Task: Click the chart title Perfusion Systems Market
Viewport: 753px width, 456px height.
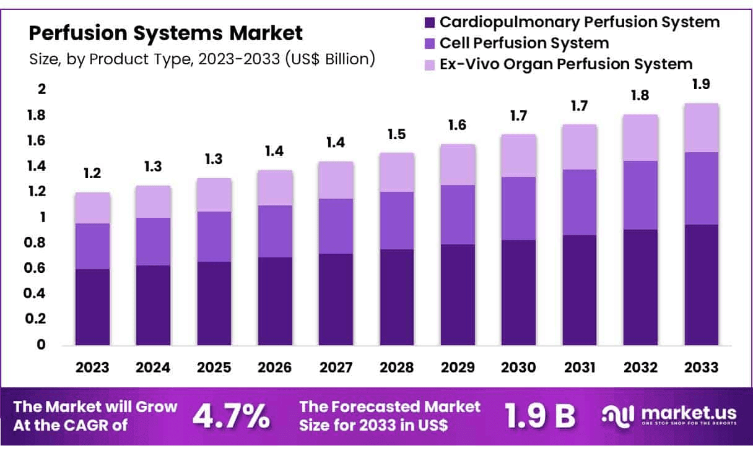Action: (166, 33)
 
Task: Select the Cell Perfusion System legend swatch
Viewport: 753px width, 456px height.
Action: (430, 43)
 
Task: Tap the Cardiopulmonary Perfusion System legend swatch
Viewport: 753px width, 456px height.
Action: (430, 23)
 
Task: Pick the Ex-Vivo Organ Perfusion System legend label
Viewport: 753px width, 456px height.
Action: (565, 64)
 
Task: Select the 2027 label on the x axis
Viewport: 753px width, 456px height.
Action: (336, 367)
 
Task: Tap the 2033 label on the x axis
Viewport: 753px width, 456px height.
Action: (702, 367)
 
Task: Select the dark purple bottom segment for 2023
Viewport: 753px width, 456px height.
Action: (92, 307)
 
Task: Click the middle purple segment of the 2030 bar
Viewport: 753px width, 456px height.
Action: (518, 209)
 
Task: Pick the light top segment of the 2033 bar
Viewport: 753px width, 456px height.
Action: (702, 127)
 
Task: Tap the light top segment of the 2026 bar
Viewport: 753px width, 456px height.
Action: (275, 187)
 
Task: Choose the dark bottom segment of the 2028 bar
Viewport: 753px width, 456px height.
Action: (397, 297)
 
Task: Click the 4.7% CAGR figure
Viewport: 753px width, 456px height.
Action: (231, 416)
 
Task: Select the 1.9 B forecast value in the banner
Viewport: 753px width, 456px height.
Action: (539, 416)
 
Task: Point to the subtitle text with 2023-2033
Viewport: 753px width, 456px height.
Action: (202, 59)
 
